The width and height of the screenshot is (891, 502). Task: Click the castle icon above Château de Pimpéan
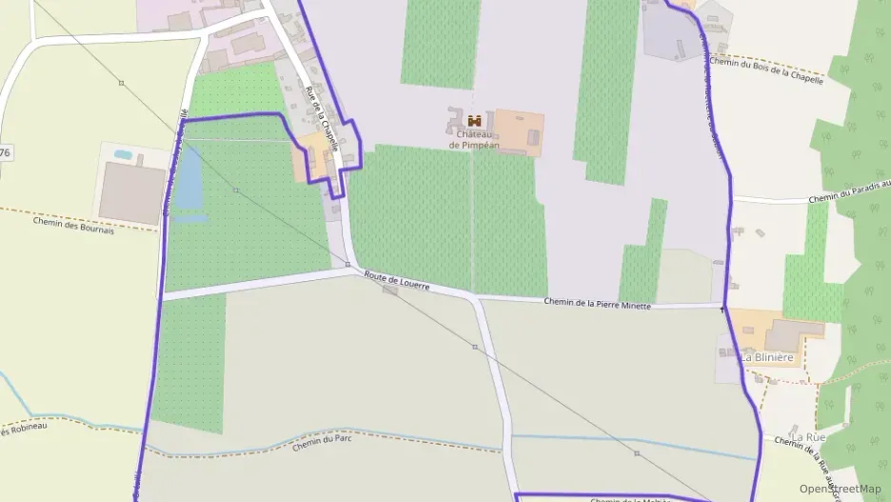coord(474,120)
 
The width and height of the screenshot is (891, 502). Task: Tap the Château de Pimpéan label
coord(474,140)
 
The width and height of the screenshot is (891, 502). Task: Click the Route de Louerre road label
coord(397,280)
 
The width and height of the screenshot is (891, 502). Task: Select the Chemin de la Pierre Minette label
coord(597,304)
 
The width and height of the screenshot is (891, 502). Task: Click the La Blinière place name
coord(767,357)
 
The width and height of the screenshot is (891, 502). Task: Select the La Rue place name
coord(809,436)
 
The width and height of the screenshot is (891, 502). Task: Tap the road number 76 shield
coord(6,152)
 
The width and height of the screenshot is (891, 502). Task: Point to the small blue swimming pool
coord(123,154)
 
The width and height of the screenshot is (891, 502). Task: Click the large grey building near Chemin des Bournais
coord(132,192)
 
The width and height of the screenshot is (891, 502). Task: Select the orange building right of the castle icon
coord(518,133)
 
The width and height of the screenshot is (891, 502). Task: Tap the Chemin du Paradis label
coord(847,191)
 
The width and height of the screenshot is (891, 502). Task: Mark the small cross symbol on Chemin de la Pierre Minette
coord(723,310)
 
